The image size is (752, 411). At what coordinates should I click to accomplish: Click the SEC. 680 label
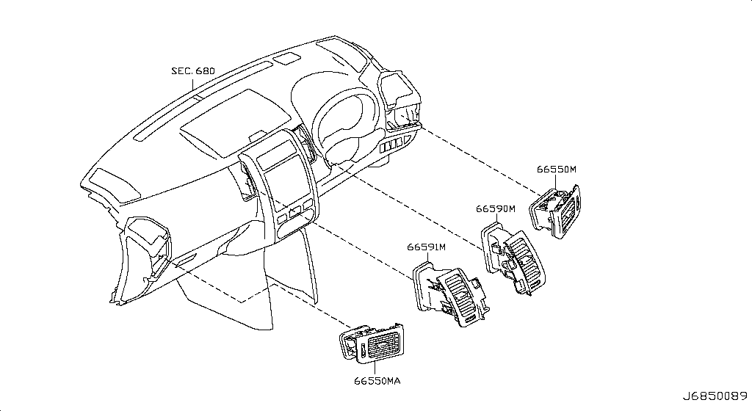(x=193, y=71)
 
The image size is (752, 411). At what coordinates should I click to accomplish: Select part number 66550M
(x=557, y=169)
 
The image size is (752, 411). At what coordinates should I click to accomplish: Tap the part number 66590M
(x=496, y=209)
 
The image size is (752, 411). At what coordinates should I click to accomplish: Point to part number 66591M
(x=427, y=247)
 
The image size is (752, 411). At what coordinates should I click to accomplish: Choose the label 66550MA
(x=377, y=381)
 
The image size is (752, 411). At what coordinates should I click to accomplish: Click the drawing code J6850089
(x=715, y=396)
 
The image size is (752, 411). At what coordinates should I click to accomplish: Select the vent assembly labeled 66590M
(x=513, y=258)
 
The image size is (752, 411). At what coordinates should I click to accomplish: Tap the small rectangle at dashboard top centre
(x=287, y=59)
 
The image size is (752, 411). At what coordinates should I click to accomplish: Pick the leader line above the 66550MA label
(x=375, y=368)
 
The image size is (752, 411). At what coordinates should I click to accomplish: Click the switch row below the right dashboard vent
(x=395, y=144)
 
